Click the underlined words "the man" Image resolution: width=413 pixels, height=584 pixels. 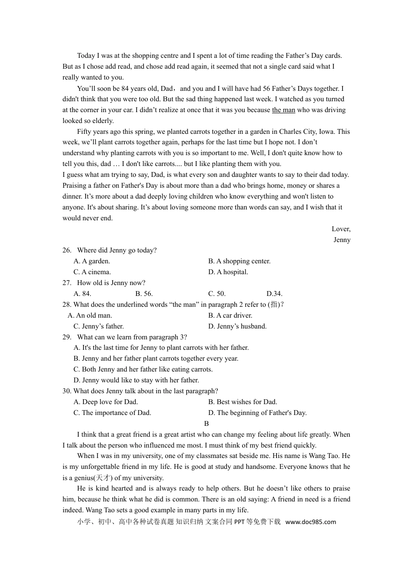pos(283,110)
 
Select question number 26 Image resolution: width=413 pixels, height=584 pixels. pos(67,250)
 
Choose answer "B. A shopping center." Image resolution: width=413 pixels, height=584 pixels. pos(239,261)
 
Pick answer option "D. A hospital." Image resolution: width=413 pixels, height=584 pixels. pos(228,272)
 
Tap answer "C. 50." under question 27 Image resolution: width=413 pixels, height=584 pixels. pos(216,294)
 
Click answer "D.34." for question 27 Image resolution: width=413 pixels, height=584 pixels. pos(274,294)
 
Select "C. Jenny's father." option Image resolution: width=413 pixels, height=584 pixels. pos(99,326)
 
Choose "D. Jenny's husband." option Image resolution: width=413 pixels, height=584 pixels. pos(237,326)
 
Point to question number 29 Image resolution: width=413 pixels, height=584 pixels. pos(67,337)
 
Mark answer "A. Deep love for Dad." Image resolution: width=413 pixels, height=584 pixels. pos(106,402)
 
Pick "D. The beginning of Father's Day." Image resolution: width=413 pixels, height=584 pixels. pos(257,413)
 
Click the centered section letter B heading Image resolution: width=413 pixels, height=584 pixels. pos(206,424)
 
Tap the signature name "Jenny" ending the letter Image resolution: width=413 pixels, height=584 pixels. pos(342,240)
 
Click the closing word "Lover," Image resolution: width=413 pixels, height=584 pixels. pos(341,229)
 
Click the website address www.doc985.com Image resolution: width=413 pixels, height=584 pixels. pos(311,522)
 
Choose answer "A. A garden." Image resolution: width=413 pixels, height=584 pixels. pos(92,261)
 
